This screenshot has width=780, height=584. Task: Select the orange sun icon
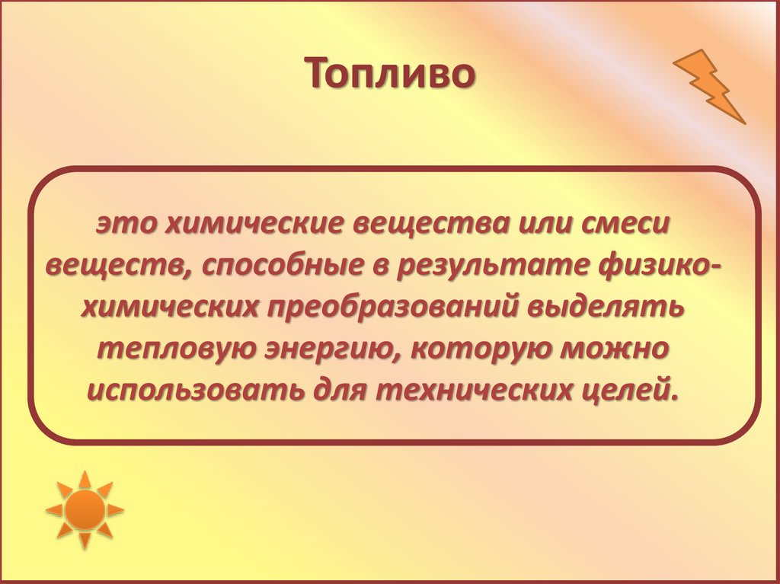(85, 509)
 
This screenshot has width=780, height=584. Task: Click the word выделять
(618, 308)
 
